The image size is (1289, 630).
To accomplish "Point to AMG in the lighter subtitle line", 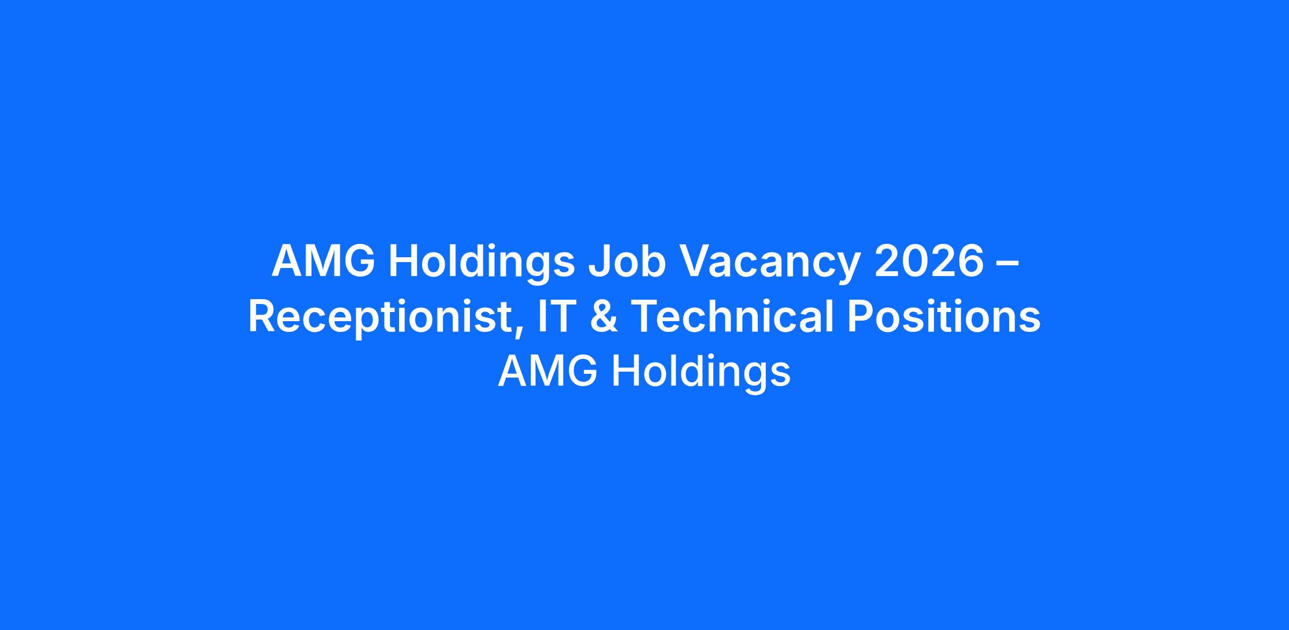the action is (x=548, y=371).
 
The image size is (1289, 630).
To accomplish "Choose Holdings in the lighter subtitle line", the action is (x=701, y=374).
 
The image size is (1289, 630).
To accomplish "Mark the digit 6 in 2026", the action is (x=971, y=262).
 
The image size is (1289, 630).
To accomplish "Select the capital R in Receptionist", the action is (x=263, y=316).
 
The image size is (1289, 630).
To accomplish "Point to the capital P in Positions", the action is (x=861, y=316).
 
